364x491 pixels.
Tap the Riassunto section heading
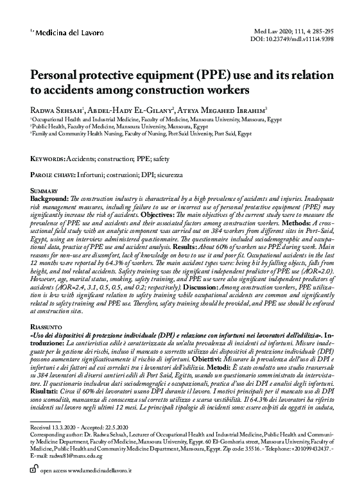46,327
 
